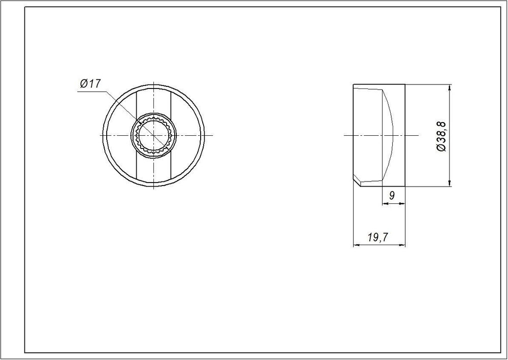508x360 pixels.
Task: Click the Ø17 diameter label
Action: click(x=91, y=84)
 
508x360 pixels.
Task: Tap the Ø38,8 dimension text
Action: click(x=441, y=136)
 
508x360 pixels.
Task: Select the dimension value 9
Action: click(x=392, y=196)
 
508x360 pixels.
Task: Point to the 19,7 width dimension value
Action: click(x=378, y=237)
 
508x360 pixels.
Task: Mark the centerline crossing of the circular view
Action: click(x=153, y=135)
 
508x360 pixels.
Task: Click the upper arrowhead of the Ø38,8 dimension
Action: click(x=450, y=87)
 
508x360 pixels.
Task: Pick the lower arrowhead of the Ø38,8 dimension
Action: click(x=450, y=183)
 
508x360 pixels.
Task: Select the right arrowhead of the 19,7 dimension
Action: click(x=402, y=245)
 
